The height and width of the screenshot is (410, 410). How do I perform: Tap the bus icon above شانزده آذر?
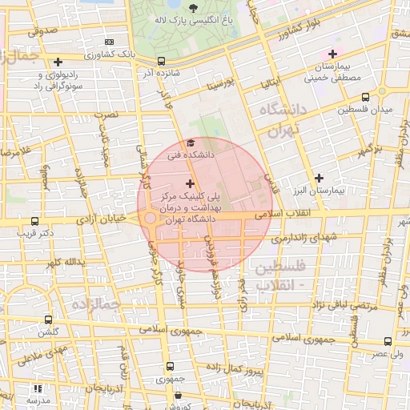point(162,61)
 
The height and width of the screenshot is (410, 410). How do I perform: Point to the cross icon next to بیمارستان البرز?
point(320,178)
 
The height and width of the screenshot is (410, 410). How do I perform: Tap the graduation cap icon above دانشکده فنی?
point(190,143)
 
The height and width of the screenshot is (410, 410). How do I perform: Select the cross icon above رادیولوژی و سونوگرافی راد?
point(58,62)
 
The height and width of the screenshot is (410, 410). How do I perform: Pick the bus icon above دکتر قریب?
point(34,221)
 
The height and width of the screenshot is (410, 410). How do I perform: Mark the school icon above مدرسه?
point(35,387)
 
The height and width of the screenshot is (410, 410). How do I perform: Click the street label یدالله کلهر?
point(64,262)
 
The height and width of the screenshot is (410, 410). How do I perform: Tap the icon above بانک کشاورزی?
point(110,42)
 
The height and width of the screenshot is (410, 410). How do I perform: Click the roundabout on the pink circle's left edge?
point(149,219)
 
